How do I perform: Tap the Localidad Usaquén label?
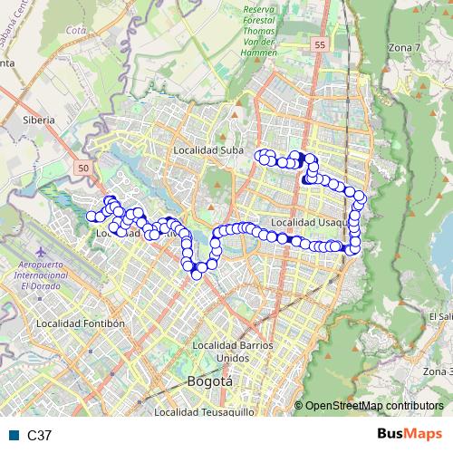(x=309, y=222)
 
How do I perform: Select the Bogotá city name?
(x=208, y=381)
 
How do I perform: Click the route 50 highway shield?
(x=83, y=169)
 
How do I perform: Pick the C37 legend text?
(x=39, y=436)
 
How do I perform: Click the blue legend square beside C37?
(x=14, y=436)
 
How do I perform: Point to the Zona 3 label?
(x=438, y=371)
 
